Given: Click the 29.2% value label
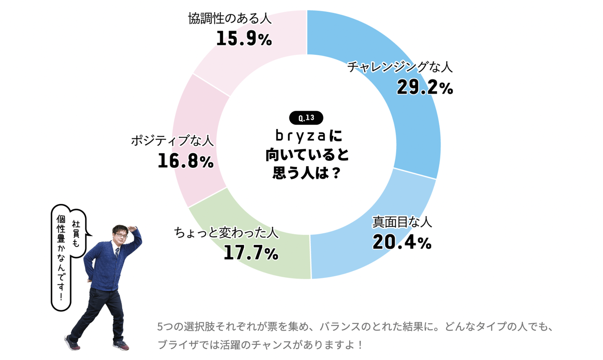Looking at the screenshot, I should (x=425, y=87).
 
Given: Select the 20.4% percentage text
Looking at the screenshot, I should (x=402, y=242).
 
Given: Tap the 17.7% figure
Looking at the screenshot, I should (x=250, y=252).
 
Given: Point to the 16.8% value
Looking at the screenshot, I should (x=186, y=161).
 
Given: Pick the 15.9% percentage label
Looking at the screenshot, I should (x=244, y=39).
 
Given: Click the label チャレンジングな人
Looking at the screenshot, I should (x=399, y=67).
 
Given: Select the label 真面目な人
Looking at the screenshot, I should (x=402, y=221).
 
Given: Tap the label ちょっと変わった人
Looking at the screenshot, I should (x=226, y=232).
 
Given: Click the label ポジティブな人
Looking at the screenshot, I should (x=172, y=140).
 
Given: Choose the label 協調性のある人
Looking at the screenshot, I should (x=229, y=18).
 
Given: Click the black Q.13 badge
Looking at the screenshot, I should (x=306, y=118).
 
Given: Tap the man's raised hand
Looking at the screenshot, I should (x=134, y=229).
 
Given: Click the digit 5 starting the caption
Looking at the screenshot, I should (x=160, y=327).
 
